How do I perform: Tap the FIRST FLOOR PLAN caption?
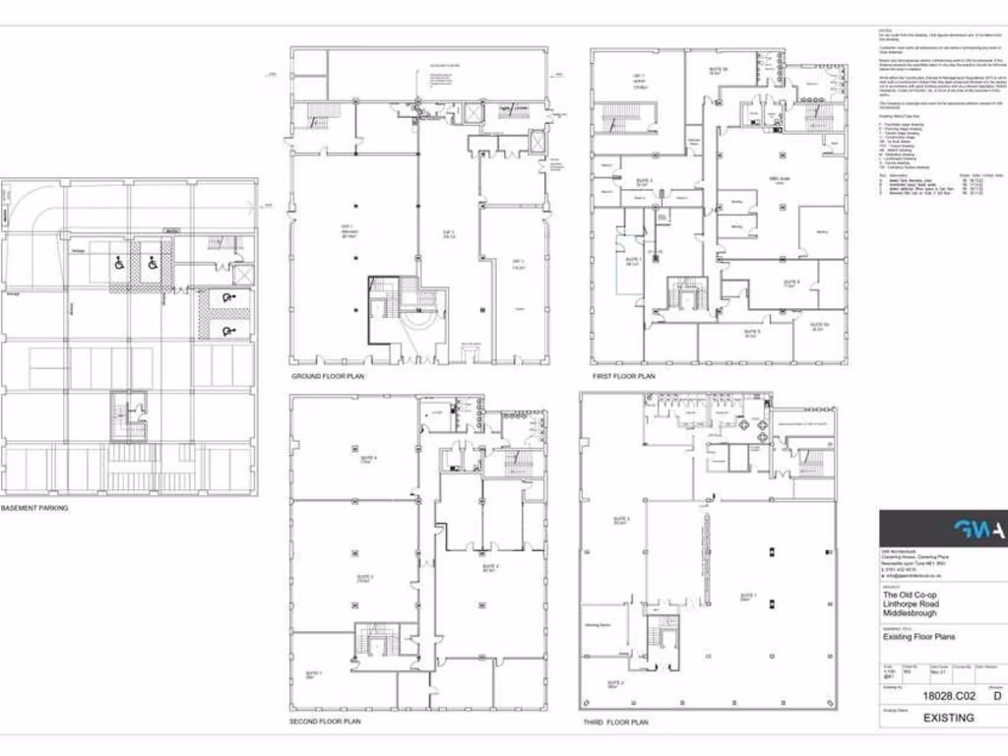[x=623, y=377]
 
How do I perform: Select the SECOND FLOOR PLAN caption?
[x=325, y=722]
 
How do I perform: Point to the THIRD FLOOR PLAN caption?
[x=614, y=722]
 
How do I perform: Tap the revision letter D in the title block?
[x=996, y=696]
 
